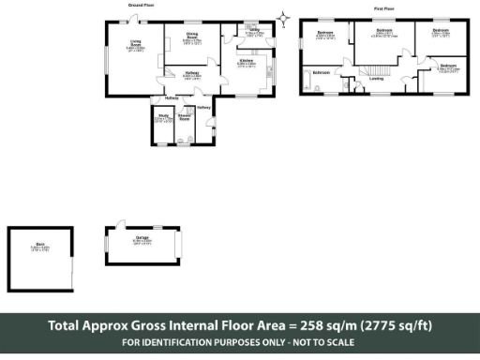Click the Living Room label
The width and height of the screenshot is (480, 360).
[136, 44]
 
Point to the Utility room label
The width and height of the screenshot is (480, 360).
[254, 31]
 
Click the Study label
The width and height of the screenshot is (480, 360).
[162, 118]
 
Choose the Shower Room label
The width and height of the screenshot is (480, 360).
[185, 118]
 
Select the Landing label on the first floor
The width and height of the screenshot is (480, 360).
[376, 79]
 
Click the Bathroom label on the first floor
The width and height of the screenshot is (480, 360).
[321, 71]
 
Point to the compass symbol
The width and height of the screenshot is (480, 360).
[284, 16]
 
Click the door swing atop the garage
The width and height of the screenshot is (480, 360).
[118, 223]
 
